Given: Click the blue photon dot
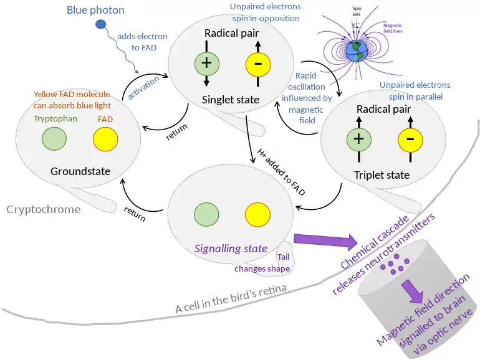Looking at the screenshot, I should (x=100, y=25).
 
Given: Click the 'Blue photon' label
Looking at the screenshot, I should (x=95, y=9).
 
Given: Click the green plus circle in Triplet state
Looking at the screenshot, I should (x=358, y=139).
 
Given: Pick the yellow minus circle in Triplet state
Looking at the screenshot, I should (x=410, y=139).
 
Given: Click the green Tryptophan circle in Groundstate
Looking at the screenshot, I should (x=54, y=138).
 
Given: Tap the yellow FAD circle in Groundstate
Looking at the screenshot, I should (x=105, y=138).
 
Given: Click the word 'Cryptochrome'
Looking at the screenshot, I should (x=44, y=209).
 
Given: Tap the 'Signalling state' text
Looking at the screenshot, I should (x=231, y=248).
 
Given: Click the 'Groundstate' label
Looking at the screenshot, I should (x=80, y=171).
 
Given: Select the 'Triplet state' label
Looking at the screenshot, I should (x=382, y=175).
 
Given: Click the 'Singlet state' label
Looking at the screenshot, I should (x=231, y=100).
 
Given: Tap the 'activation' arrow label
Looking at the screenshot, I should (x=143, y=88).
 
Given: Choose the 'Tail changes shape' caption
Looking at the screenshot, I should (x=262, y=263).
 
